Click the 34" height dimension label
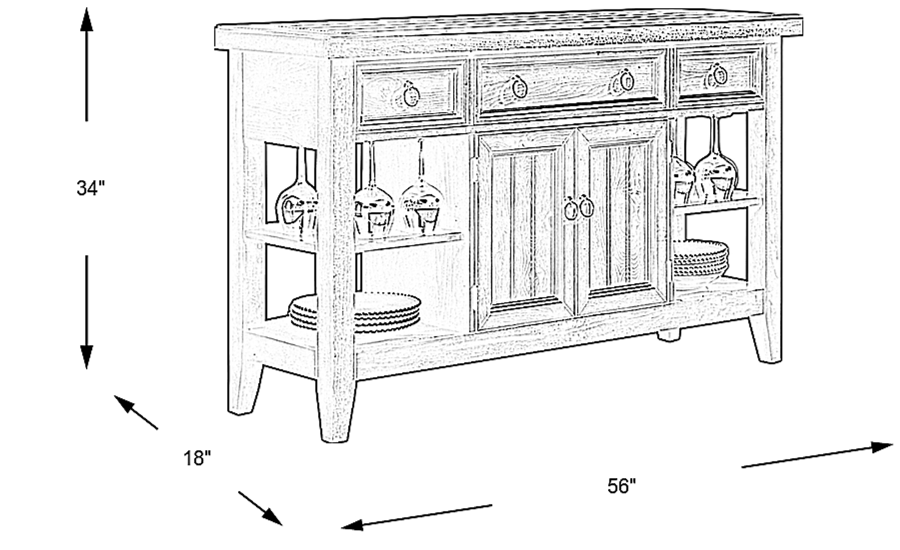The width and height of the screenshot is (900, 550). tap(91, 187)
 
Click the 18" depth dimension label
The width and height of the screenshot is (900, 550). tap(197, 458)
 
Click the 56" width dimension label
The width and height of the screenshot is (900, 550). tap(621, 486)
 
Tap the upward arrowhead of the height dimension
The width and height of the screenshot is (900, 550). tap(86, 19)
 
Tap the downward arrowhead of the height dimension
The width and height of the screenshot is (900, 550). tap(86, 357)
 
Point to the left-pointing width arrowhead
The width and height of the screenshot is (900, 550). tap(352, 524)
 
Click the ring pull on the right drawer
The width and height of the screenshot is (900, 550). tap(718, 75)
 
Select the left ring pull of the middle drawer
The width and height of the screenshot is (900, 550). tap(518, 86)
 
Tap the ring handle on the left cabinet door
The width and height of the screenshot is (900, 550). tap(570, 209)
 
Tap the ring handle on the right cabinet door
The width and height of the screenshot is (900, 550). tap(586, 207)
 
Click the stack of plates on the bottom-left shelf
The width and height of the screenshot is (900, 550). tap(354, 312)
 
